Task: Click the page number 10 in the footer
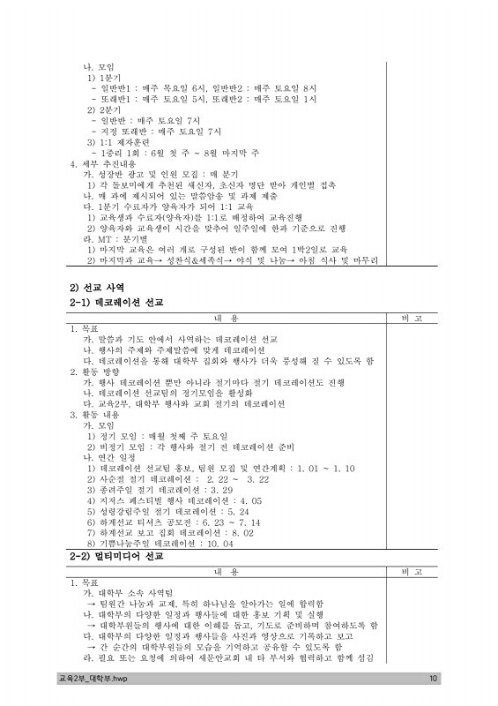pyautogui.click(x=433, y=679)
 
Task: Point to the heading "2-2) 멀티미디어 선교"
pyautogui.click(x=117, y=558)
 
